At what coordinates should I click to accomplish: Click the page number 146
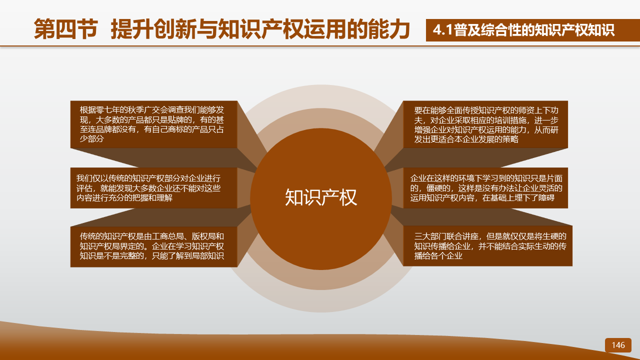[618, 345]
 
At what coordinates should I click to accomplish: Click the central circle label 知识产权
[321, 197]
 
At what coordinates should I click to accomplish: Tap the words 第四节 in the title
[66, 29]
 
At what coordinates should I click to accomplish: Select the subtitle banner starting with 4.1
[533, 30]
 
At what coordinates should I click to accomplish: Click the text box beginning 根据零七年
[153, 124]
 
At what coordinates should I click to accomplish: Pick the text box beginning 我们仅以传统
[153, 188]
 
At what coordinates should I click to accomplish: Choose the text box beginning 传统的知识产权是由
[153, 246]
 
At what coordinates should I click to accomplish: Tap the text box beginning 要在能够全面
[485, 124]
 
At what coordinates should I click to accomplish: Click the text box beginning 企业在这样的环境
[485, 188]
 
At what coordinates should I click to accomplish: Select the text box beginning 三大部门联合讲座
[487, 246]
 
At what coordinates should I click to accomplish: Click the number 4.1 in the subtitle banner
[443, 30]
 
